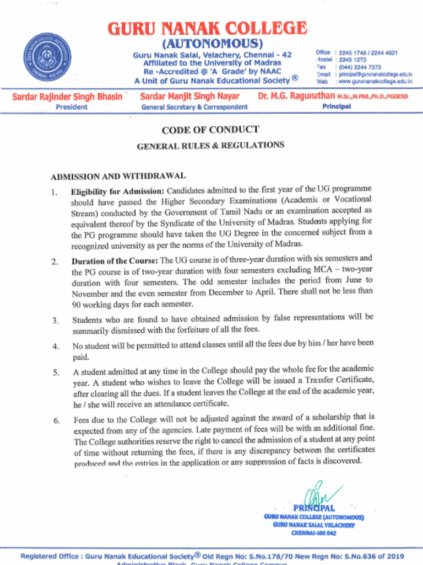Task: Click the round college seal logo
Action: [47, 57]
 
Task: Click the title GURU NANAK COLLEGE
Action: [207, 29]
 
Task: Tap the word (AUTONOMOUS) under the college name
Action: [212, 44]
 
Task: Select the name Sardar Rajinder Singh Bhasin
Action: [67, 97]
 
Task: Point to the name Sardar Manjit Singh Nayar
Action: [190, 97]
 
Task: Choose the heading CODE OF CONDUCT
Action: [210, 130]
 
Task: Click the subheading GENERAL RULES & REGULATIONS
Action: [210, 146]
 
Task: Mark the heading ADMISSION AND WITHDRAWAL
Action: [118, 176]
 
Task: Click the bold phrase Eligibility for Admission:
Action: [117, 191]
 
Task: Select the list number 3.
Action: [56, 320]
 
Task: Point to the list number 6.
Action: [57, 420]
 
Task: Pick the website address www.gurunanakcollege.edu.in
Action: [375, 81]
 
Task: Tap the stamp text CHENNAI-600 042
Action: [313, 533]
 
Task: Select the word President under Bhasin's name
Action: [72, 107]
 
